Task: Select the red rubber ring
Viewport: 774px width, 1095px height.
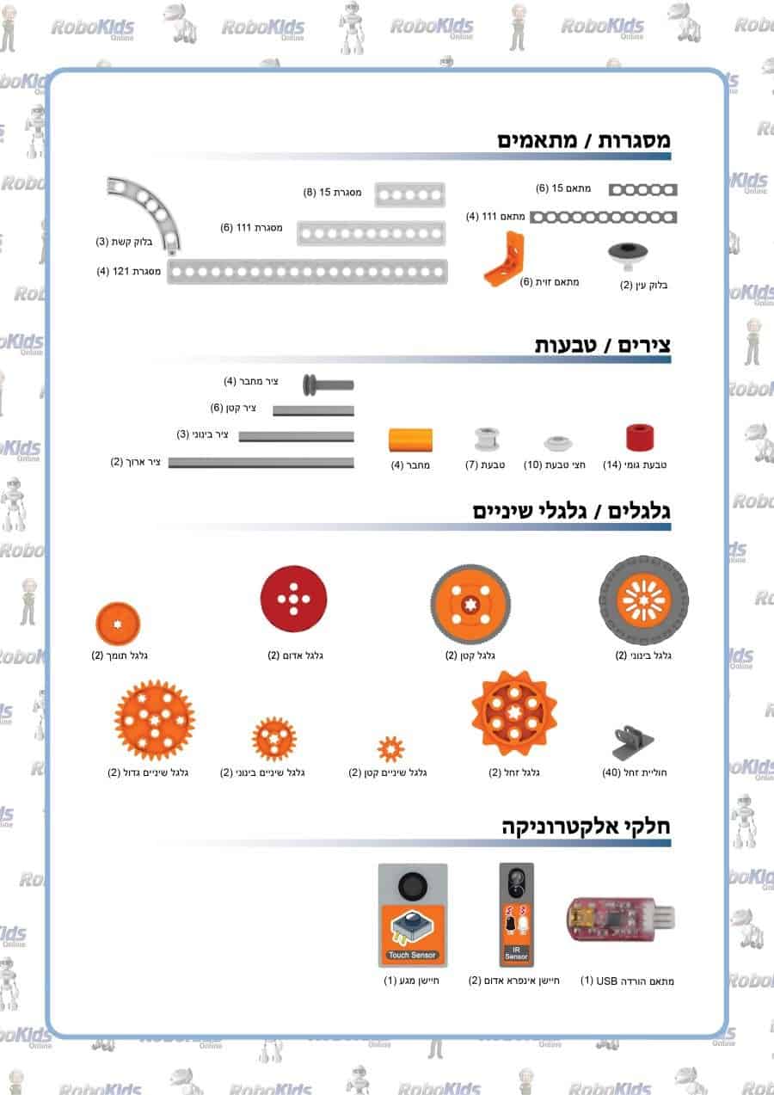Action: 640,437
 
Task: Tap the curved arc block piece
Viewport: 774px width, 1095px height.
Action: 148,210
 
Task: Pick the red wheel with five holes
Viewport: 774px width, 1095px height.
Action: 293,599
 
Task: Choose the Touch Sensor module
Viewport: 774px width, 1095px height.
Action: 413,915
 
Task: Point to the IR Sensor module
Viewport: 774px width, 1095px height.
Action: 517,914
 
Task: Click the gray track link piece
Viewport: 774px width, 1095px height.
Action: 632,742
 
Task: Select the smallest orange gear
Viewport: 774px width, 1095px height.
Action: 391,748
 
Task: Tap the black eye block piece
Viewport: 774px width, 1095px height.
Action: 628,255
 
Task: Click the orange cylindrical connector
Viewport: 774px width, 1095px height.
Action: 410,440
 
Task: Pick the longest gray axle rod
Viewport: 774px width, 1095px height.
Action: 261,463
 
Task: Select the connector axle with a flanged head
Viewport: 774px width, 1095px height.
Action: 328,384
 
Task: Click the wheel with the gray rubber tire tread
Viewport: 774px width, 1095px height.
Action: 643,600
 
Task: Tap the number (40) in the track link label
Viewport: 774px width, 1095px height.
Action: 611,772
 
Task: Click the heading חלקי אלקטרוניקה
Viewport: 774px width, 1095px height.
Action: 586,827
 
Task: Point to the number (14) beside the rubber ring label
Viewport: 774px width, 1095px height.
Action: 611,464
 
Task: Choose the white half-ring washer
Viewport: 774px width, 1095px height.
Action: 558,443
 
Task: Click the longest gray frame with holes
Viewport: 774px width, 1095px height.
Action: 307,271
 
